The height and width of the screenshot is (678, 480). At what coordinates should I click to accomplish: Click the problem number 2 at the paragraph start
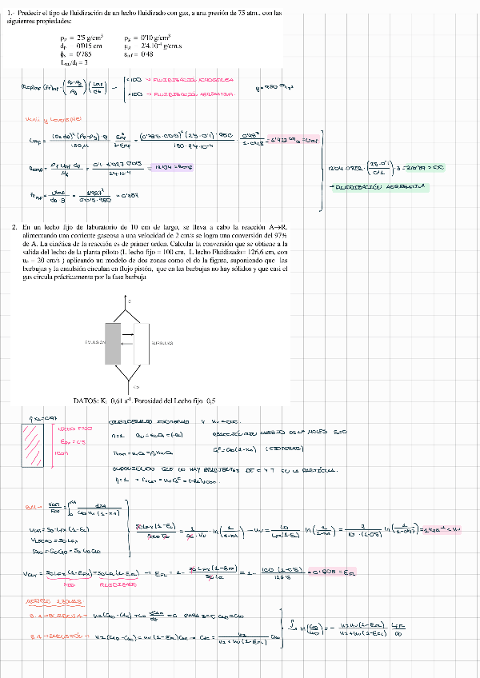[x=15, y=228]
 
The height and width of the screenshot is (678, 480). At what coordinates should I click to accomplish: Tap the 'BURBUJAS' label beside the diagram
[x=163, y=341]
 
